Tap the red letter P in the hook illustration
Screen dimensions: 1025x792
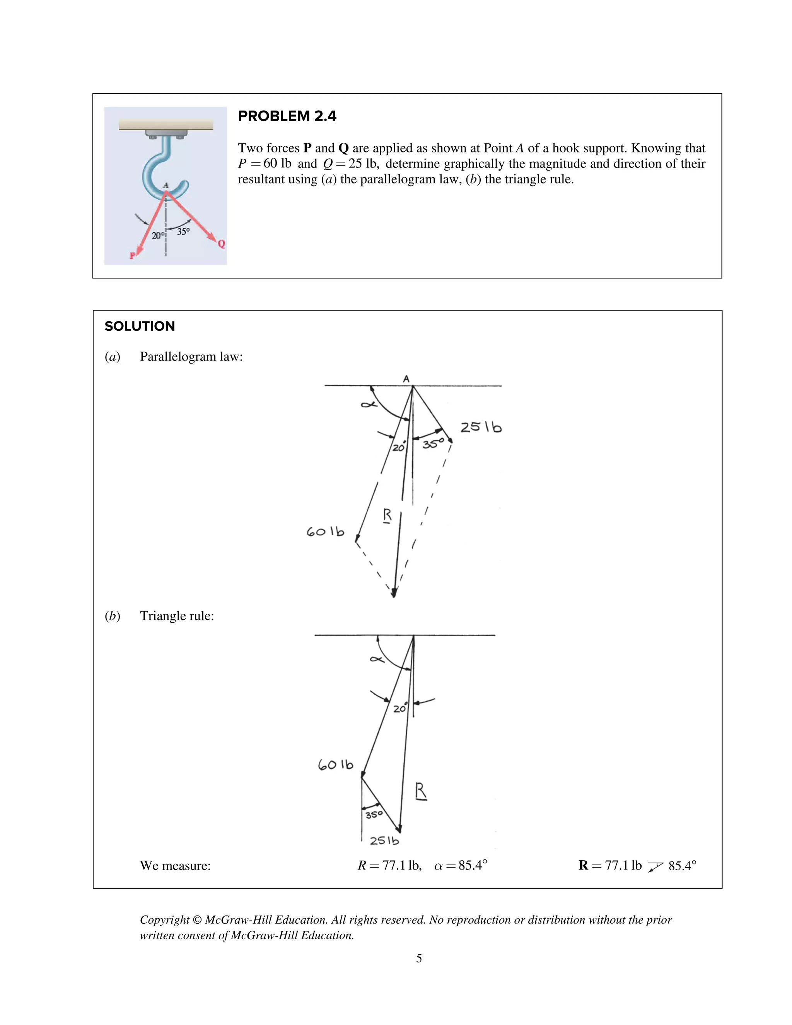132,256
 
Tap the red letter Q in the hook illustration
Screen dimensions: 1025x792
222,244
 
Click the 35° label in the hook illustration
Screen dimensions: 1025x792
183,231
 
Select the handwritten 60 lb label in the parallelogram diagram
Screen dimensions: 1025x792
325,532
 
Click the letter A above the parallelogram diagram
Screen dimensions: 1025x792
406,378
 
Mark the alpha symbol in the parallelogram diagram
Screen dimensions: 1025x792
369,404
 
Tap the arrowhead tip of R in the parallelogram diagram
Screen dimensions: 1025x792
394,596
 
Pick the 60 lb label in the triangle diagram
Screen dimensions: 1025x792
335,765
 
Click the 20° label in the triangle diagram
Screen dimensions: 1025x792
400,708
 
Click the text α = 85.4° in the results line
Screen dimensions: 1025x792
460,865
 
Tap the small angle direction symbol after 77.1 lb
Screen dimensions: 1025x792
655,866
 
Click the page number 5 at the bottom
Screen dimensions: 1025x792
419,958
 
